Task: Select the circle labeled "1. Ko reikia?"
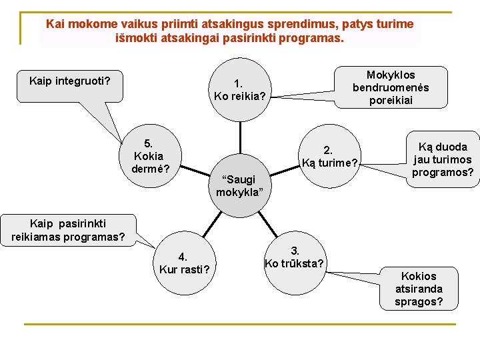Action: point(240,91)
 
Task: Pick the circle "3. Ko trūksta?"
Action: point(293,257)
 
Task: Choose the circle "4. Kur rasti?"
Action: point(185,263)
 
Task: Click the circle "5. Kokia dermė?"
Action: point(148,155)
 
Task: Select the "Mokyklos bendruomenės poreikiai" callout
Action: point(391,87)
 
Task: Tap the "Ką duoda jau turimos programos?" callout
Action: point(443,159)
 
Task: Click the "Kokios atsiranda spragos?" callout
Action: point(419,289)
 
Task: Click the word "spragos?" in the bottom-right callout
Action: point(419,302)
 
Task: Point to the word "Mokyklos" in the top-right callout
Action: point(391,75)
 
